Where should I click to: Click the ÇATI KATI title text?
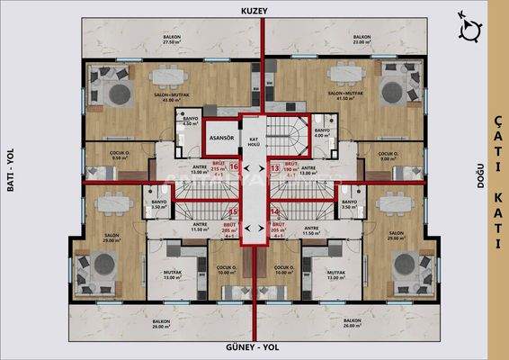coord(497,180)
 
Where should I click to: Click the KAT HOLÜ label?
coord(254,142)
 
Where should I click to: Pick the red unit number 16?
coord(234,166)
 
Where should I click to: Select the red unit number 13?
coord(274,166)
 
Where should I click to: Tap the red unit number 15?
coord(234,212)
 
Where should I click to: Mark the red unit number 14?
coord(274,212)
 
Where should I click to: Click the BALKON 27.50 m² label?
coord(174,39)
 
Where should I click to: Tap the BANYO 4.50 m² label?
coord(190,121)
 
